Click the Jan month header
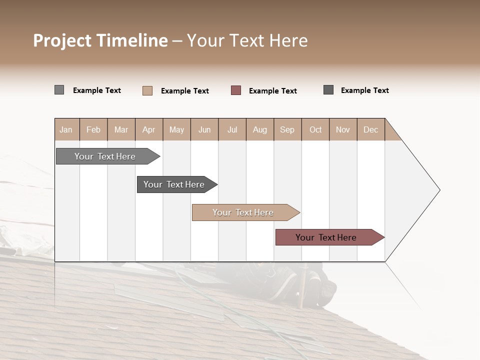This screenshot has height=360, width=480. point(66,130)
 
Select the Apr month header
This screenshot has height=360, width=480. point(149,130)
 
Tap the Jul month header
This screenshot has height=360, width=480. point(232,130)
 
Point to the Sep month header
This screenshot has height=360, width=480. point(287,130)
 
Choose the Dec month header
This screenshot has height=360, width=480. point(370,130)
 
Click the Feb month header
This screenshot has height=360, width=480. point(93,130)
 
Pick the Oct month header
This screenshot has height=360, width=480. point(315,130)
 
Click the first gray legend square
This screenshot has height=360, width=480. point(59,90)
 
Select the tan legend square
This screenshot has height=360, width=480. point(147,90)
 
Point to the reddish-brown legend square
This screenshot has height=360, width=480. point(235,90)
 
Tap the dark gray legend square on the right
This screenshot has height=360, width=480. point(328,90)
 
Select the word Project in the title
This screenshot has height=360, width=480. point(62,40)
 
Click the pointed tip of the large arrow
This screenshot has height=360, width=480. point(438,190)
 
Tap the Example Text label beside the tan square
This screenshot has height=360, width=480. point(184,91)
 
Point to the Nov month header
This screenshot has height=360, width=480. point(343,130)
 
